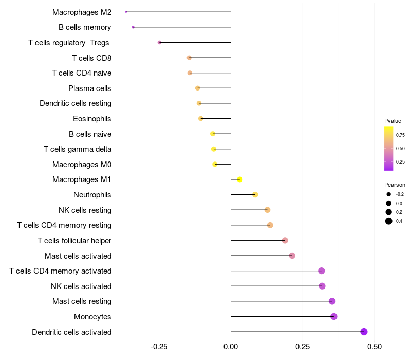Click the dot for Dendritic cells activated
[x=364, y=332]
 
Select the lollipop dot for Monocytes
[x=334, y=316]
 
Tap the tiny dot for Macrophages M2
[x=126, y=12]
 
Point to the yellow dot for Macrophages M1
[x=240, y=179]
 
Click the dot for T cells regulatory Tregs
[x=159, y=42]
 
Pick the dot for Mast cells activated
[x=292, y=256]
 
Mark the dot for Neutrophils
[x=255, y=195]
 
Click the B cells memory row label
[x=85, y=27]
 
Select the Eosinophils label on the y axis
[x=92, y=119]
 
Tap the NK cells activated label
[x=81, y=286]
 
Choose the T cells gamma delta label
[x=78, y=149]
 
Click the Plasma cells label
[x=90, y=88]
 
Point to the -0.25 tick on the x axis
[x=159, y=347]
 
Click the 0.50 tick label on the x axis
[x=375, y=347]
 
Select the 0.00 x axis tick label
[x=231, y=347]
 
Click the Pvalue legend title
[x=393, y=121]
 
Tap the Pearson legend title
[x=395, y=185]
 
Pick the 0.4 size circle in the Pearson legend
[x=389, y=221]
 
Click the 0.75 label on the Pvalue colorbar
[x=400, y=135]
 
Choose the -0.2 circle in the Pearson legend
[x=389, y=194]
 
